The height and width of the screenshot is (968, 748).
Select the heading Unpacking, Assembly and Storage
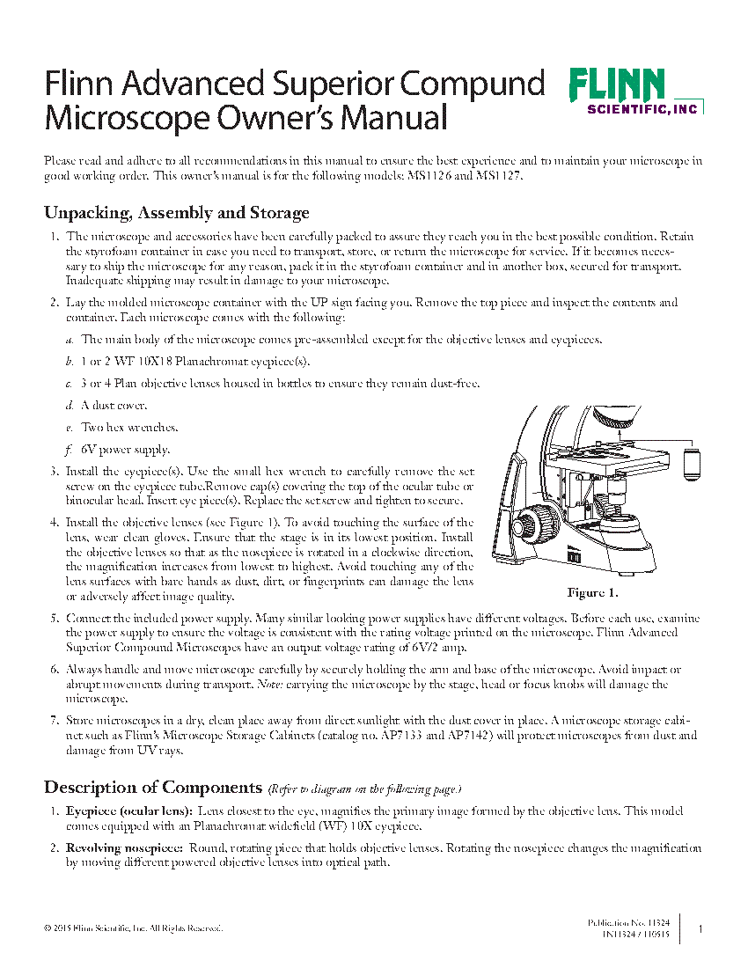(176, 213)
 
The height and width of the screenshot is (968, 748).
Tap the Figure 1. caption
(592, 592)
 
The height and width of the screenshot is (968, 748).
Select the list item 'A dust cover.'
(114, 406)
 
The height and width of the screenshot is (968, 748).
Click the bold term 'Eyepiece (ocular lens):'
(129, 810)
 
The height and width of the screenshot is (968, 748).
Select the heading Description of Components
(153, 787)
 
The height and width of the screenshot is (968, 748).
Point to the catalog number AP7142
(520, 736)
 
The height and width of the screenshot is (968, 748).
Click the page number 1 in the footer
(700, 928)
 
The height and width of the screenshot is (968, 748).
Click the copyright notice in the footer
(133, 928)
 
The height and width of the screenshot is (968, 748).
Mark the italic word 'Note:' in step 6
(269, 684)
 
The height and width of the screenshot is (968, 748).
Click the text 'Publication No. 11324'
(628, 922)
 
